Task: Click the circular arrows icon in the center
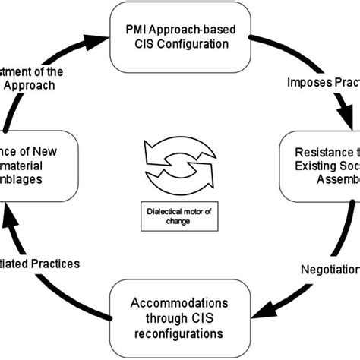(180, 169)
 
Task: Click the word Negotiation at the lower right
(324, 268)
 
